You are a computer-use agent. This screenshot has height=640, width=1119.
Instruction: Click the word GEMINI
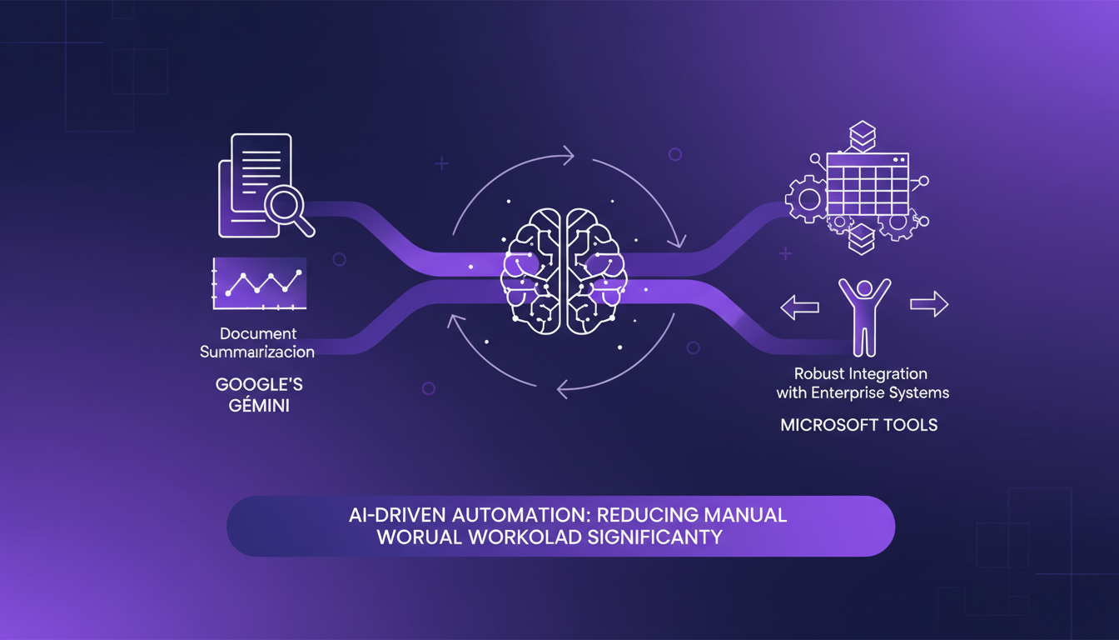tap(257, 408)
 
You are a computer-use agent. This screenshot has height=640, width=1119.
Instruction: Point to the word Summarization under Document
tap(257, 352)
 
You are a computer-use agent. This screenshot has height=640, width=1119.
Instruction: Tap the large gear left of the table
tap(806, 199)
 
